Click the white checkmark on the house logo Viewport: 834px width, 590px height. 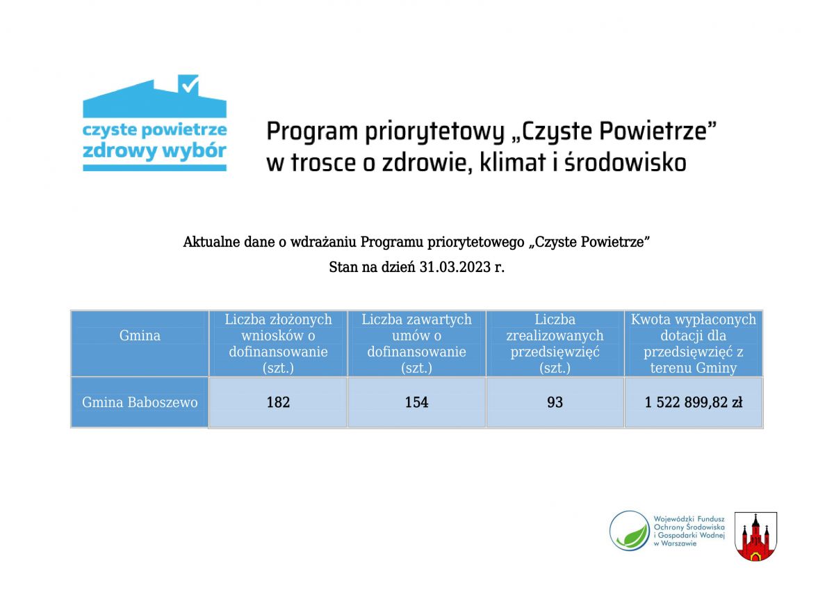click(190, 85)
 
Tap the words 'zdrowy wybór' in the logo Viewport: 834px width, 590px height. click(154, 151)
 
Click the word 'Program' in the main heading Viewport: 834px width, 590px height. click(312, 132)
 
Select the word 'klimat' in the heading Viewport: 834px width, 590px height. click(513, 163)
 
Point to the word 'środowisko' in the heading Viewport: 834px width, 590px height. click(625, 163)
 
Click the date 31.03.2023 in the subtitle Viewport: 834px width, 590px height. click(455, 267)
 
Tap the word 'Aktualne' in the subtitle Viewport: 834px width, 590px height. click(211, 242)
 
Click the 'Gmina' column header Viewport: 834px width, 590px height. click(140, 335)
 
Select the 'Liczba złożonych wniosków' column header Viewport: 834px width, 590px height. click(278, 343)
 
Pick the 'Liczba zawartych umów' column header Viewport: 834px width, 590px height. click(416, 343)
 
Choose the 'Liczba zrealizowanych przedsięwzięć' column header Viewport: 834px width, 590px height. click(555, 343)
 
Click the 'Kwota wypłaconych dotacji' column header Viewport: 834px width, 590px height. click(694, 343)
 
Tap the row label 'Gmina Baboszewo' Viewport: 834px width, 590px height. click(140, 402)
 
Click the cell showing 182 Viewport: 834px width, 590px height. click(278, 402)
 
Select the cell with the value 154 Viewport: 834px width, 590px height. click(416, 402)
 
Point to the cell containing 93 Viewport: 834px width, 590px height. click(555, 402)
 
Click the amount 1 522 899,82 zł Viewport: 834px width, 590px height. click(694, 402)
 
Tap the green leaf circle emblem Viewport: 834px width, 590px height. click(630, 530)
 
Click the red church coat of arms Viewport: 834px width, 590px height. click(755, 536)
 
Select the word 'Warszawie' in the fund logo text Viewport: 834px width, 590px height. click(679, 543)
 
